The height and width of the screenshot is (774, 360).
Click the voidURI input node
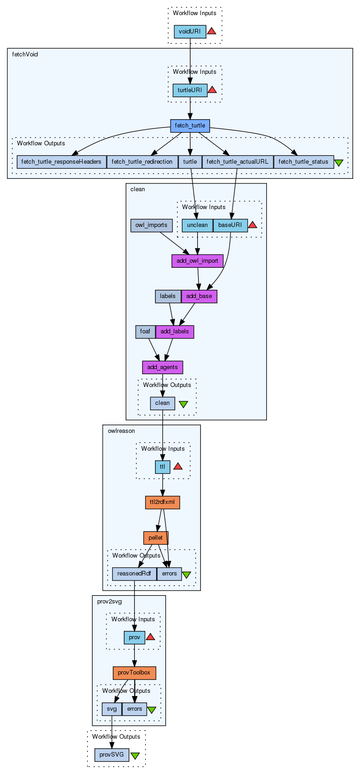190,32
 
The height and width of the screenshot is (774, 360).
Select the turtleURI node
190,90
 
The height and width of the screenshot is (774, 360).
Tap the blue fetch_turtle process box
190,126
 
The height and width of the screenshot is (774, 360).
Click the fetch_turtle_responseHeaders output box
61,162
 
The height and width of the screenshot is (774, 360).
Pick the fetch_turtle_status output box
303,162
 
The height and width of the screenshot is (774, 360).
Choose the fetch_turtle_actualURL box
238,162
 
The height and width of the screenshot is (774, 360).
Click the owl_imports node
151,226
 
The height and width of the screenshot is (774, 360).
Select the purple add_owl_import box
197,261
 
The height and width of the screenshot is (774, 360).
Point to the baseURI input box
230,226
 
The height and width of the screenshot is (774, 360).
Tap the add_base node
199,297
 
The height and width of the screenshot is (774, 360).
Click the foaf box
145,332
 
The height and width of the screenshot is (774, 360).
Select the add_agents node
162,367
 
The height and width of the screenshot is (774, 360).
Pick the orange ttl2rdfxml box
162,503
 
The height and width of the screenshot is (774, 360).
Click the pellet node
155,538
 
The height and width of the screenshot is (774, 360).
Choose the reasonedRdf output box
134,574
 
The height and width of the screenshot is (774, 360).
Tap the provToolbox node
134,673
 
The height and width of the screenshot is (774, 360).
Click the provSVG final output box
112,755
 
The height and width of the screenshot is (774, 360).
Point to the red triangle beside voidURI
211,31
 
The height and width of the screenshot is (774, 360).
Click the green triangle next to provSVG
135,755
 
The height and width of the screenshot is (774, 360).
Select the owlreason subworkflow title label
121,431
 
